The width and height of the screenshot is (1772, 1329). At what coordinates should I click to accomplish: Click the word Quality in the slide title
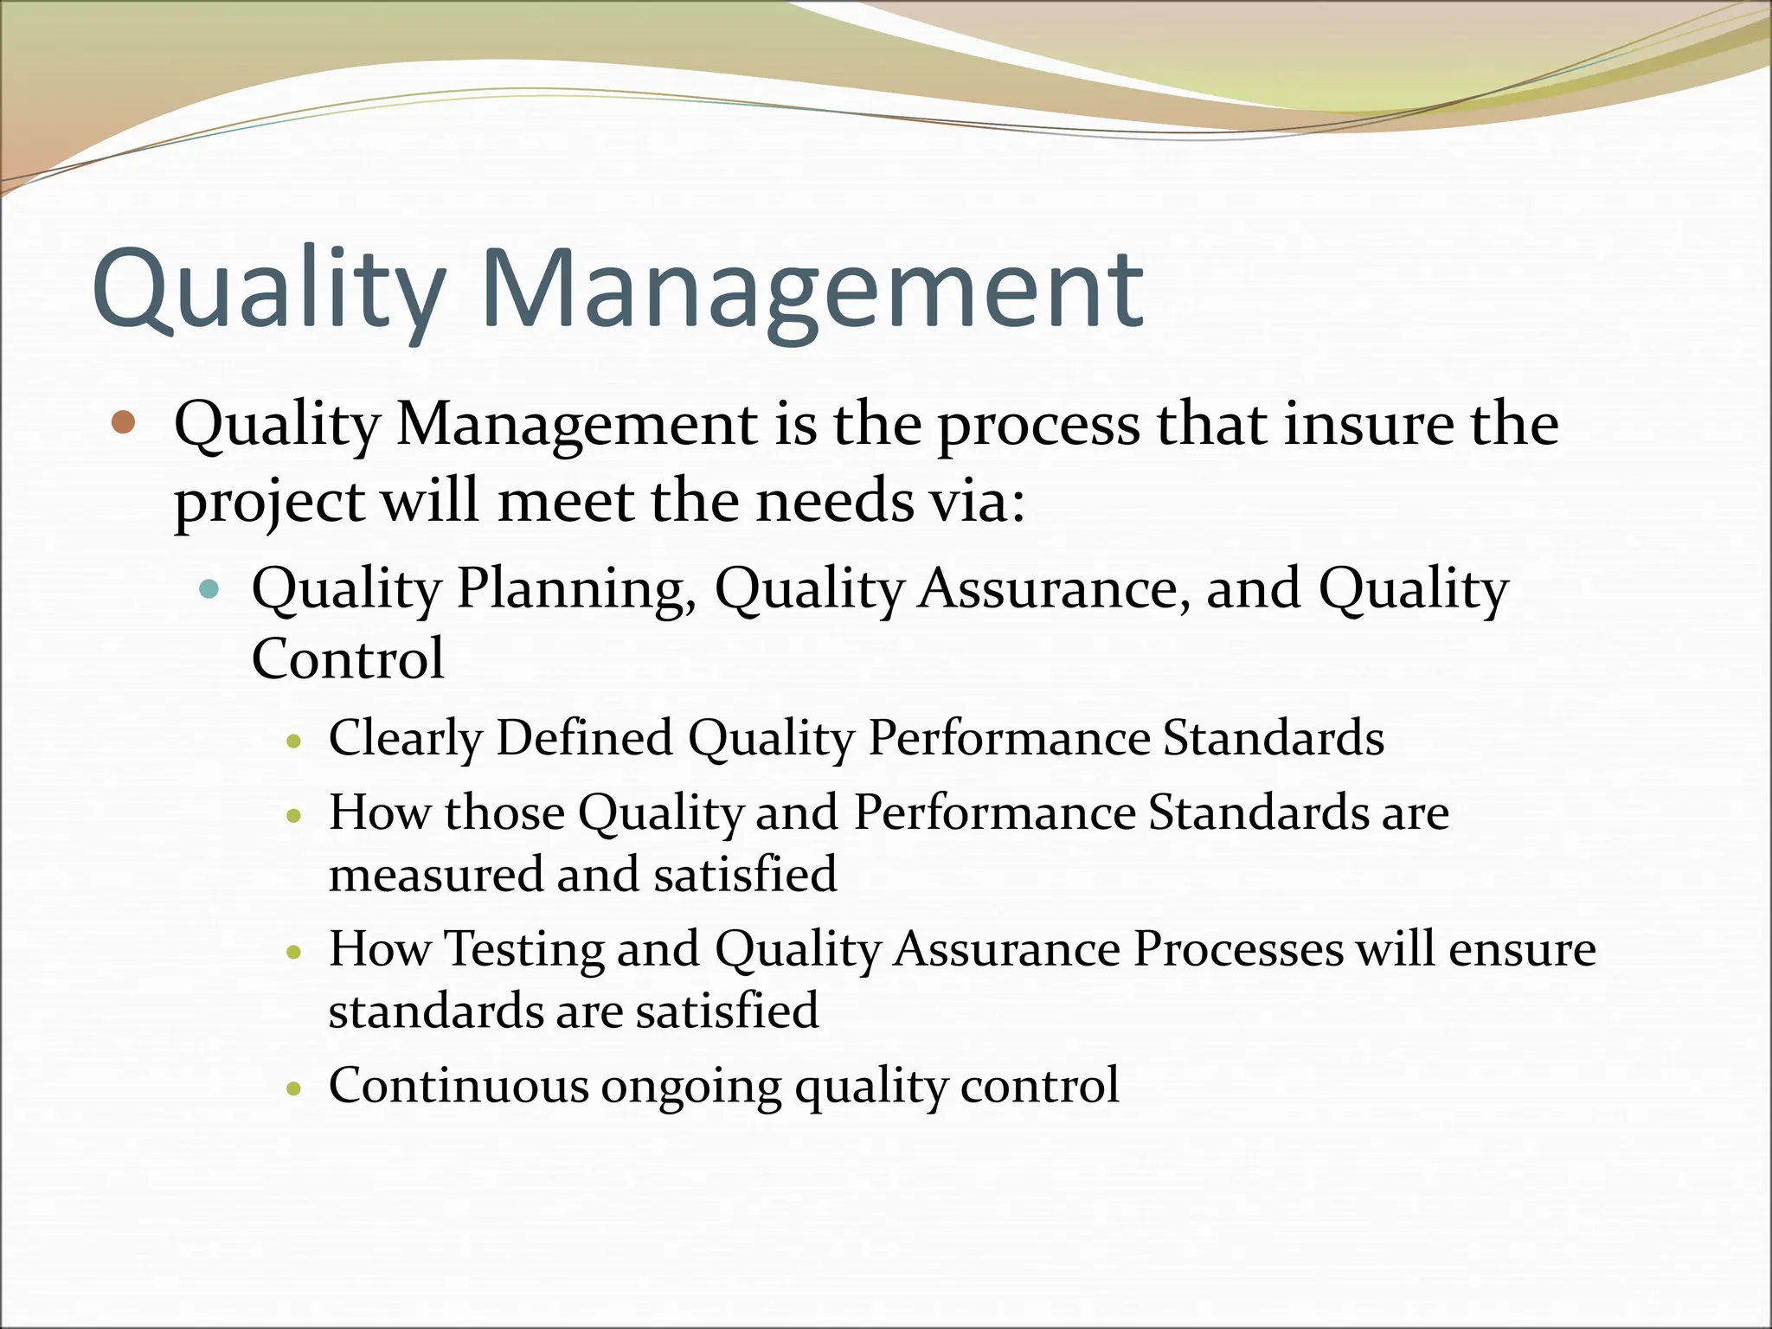268,290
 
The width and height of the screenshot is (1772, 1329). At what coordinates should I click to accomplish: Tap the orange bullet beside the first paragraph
124,422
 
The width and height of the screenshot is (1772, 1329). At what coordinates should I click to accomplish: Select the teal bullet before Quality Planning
209,590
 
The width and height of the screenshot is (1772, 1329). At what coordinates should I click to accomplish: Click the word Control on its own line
348,659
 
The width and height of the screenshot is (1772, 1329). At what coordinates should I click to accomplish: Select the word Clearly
405,739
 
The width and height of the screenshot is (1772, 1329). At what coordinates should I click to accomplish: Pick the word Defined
585,737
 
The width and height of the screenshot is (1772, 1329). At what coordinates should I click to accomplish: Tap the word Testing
524,950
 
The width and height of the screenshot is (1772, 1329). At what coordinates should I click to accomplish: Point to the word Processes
1238,949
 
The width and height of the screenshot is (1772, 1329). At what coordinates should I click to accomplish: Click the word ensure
1522,950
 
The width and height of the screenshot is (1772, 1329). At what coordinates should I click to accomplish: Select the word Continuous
458,1085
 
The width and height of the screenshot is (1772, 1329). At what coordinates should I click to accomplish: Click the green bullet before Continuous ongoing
295,1088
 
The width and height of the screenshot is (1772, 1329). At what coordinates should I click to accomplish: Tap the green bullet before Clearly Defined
295,741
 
